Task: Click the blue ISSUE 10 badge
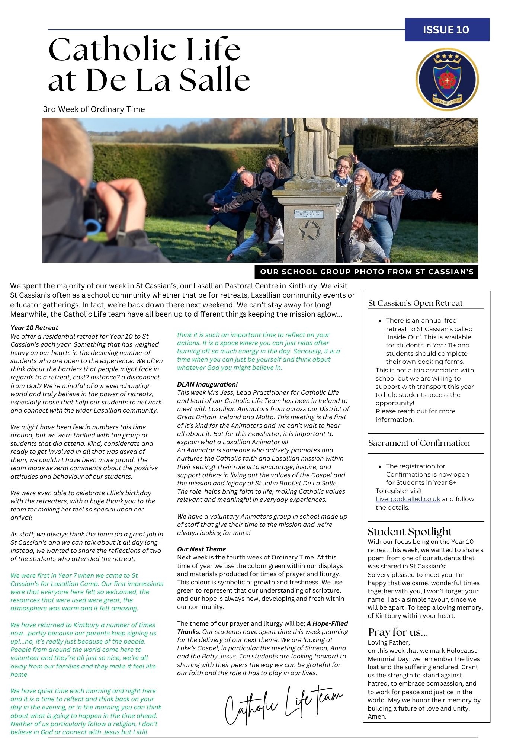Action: tap(447, 30)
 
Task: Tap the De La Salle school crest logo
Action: tap(447, 79)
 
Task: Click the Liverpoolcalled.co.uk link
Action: tap(408, 499)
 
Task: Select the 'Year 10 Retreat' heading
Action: tap(34, 328)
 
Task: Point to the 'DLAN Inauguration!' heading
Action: tap(207, 384)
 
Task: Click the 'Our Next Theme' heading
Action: tap(201, 549)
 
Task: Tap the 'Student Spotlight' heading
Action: tap(410, 531)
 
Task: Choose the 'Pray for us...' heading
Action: tap(398, 632)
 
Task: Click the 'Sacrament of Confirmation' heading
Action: tap(419, 443)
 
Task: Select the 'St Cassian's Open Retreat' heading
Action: tap(415, 303)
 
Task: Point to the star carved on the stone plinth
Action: tap(309, 231)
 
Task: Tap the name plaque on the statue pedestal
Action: tap(309, 214)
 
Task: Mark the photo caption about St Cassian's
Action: tap(366, 272)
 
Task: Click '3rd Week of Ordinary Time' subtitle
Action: tap(94, 109)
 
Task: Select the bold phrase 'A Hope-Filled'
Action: tap(327, 623)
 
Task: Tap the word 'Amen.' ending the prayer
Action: tap(377, 716)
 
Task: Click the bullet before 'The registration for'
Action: tap(379, 466)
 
